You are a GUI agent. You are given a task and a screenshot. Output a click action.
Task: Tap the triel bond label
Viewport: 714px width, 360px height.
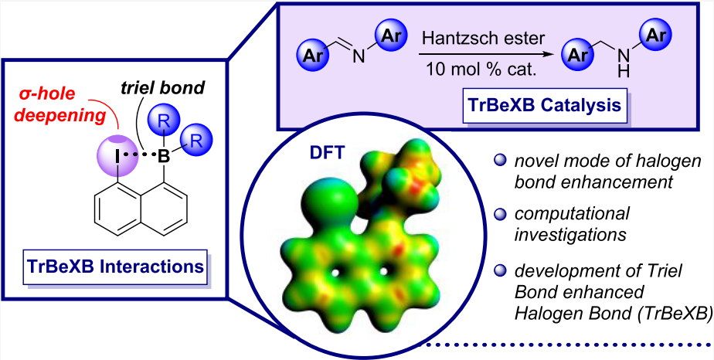[x=166, y=88]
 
